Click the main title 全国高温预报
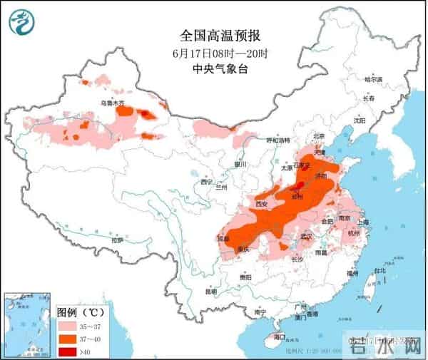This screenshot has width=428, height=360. pos(214,34)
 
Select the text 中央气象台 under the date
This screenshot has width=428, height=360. pos(214,69)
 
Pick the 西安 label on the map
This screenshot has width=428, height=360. pos(260,204)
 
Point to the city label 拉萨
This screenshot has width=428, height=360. pos(117,240)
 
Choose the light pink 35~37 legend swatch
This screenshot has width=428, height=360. pos(66,324)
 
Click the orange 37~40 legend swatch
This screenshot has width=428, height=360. pos(66,337)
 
